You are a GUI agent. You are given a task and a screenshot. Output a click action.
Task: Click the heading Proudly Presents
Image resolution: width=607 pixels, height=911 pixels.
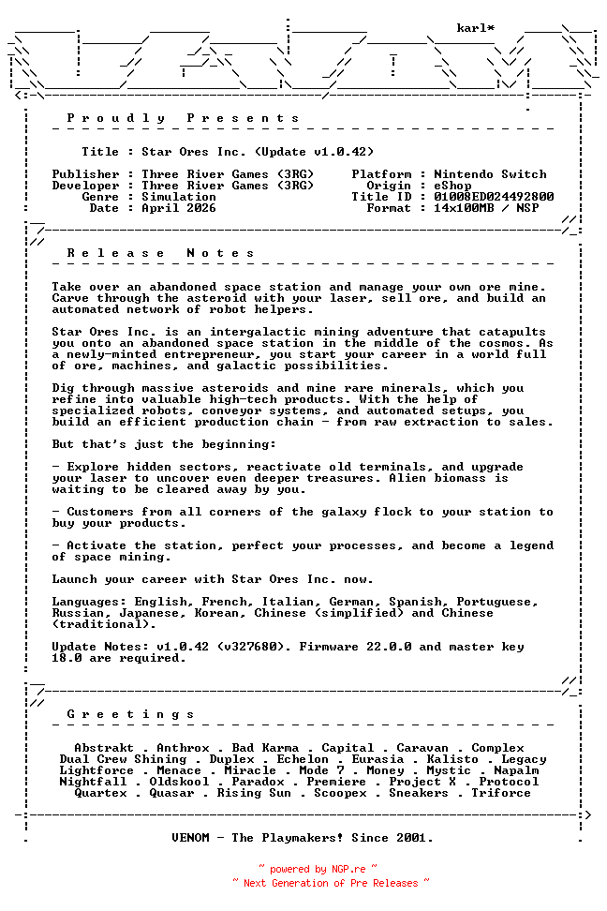tap(184, 118)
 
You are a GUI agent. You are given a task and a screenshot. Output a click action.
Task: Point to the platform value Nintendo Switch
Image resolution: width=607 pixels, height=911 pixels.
tap(490, 174)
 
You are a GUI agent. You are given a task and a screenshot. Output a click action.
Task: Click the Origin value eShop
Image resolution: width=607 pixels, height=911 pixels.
tap(452, 186)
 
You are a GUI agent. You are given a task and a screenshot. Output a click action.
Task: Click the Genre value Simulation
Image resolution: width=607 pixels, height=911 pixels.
tap(179, 197)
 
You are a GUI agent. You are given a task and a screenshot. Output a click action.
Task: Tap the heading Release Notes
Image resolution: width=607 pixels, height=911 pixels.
tap(161, 253)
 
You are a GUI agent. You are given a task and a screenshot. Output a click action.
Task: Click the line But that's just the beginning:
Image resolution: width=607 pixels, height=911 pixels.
tap(164, 444)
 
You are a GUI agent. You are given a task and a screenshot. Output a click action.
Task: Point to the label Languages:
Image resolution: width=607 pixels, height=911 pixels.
tap(89, 602)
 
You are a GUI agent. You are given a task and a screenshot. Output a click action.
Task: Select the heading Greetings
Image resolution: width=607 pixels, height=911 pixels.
tap(131, 714)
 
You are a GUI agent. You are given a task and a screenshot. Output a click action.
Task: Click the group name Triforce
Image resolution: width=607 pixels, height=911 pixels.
tap(501, 793)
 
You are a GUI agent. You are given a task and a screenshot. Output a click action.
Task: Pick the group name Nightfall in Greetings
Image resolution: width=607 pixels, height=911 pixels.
tap(93, 782)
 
